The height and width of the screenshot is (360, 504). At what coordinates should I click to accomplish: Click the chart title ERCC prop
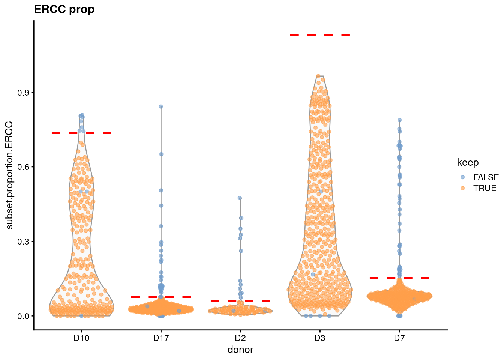tap(64, 9)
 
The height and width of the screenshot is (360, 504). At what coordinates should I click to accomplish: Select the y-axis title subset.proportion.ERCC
tap(9, 175)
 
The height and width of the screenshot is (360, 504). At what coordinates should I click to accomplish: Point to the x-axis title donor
tap(240, 349)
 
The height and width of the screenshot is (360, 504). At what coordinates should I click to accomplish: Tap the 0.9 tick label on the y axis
tap(24, 93)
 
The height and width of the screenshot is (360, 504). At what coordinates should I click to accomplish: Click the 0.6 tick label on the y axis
tap(24, 167)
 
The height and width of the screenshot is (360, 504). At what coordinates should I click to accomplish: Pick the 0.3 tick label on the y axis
tap(24, 241)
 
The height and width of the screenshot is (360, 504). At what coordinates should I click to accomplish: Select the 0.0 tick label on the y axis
tap(24, 316)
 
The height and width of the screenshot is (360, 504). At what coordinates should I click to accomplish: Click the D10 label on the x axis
tap(81, 338)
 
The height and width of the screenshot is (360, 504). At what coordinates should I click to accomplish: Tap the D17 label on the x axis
tap(161, 338)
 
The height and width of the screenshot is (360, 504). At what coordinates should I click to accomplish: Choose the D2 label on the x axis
tap(240, 338)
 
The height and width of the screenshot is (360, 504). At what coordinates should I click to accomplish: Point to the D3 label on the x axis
tap(320, 338)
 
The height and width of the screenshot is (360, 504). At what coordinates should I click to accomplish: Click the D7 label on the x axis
tap(399, 338)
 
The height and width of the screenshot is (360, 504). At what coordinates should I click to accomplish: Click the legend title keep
tap(468, 163)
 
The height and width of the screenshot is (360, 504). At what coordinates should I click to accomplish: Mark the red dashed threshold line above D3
tap(320, 35)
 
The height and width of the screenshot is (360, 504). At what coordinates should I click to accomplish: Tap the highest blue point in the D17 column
tap(161, 106)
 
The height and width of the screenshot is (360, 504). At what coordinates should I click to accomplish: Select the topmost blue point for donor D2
tap(240, 198)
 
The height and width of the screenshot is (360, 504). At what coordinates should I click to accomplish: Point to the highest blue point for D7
tap(400, 120)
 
